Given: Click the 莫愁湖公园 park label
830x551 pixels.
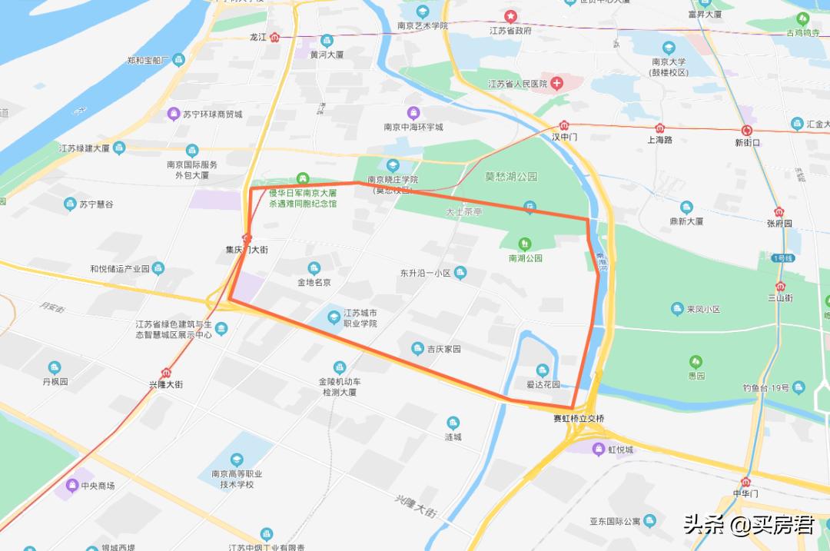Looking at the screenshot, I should pyautogui.click(x=511, y=176).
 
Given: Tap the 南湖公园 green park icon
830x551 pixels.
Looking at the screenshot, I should pyautogui.click(x=526, y=244).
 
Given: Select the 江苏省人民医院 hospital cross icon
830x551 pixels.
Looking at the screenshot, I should pyautogui.click(x=556, y=83).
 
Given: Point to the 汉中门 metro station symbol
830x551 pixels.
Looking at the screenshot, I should pyautogui.click(x=564, y=124).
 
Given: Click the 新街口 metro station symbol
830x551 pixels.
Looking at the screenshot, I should pyautogui.click(x=747, y=131).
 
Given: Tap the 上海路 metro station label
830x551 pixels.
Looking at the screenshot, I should pyautogui.click(x=659, y=140).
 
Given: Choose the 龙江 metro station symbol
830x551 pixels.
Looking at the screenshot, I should pyautogui.click(x=275, y=37).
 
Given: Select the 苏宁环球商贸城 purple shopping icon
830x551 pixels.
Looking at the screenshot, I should pyautogui.click(x=174, y=115).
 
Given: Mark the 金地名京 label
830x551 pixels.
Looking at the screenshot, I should pyautogui.click(x=314, y=282).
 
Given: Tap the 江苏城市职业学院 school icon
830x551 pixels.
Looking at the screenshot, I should pyautogui.click(x=334, y=317).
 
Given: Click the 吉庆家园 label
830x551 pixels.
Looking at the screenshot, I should pyautogui.click(x=443, y=349).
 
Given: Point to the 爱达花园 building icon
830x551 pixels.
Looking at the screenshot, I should pyautogui.click(x=542, y=370).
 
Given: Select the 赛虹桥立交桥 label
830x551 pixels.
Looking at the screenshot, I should pyautogui.click(x=579, y=419).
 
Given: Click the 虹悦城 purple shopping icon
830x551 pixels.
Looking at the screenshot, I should pyautogui.click(x=598, y=449).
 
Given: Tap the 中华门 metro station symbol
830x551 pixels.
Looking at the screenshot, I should pyautogui.click(x=745, y=482).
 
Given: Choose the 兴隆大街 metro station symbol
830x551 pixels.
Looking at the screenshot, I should pyautogui.click(x=166, y=372).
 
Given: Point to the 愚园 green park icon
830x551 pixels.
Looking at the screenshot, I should pyautogui.click(x=696, y=360).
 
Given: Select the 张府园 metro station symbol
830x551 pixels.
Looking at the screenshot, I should pyautogui.click(x=779, y=211).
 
